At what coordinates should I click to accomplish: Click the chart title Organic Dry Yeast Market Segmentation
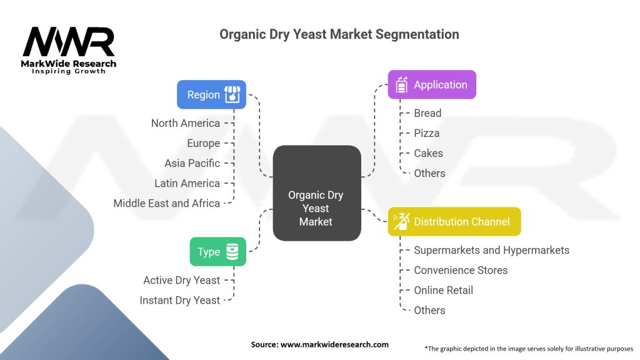[x=339, y=34]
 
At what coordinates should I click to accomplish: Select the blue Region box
[x=211, y=94]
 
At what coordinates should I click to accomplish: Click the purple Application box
[x=432, y=84]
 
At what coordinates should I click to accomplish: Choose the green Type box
[x=217, y=251]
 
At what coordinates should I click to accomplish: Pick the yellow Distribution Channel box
[x=454, y=221]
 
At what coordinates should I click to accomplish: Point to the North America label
[x=185, y=123]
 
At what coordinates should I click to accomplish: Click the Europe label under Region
[x=203, y=143]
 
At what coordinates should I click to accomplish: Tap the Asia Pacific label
[x=192, y=163]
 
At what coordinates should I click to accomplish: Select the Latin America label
[x=187, y=183]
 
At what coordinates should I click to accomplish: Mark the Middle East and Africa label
[x=166, y=203]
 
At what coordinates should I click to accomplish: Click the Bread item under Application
[x=427, y=113]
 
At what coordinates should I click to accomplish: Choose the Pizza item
[x=426, y=133]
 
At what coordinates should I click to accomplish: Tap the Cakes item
[x=428, y=153]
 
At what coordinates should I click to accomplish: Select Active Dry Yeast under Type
[x=181, y=280]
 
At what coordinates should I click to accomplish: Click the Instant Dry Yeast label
[x=179, y=300]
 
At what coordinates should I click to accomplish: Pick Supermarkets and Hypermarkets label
[x=491, y=250]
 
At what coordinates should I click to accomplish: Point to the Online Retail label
[x=443, y=290]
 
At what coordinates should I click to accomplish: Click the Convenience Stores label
[x=461, y=270]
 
